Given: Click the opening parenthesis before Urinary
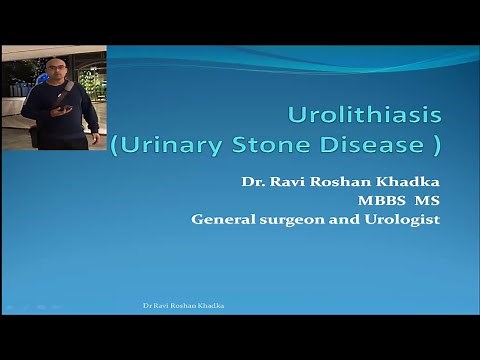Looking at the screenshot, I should tap(114, 146).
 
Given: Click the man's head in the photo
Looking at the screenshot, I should tap(56, 69).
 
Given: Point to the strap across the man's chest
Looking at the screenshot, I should tap(64, 96).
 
